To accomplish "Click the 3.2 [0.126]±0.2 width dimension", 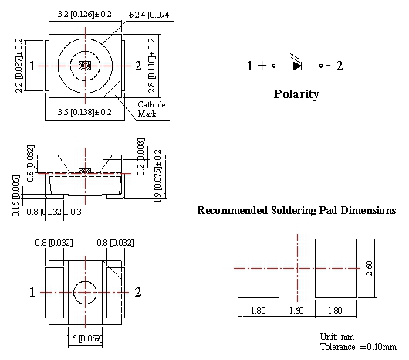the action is [x=85, y=14].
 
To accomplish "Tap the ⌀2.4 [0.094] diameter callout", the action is [x=150, y=15].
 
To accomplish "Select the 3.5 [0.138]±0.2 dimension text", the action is [x=85, y=112].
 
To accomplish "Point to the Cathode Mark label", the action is [x=151, y=109].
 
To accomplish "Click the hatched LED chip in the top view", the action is [x=85, y=66].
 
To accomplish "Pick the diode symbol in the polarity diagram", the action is [x=297, y=66].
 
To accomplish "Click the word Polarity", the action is [x=296, y=94].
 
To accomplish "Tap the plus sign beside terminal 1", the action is [x=262, y=65].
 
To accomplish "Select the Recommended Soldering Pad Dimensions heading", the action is [x=296, y=210].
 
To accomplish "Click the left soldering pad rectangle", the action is [x=259, y=268].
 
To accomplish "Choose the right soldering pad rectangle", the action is [x=336, y=268].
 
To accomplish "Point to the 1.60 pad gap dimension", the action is [x=296, y=311].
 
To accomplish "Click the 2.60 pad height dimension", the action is [x=370, y=268].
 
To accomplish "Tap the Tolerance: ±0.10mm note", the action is [x=358, y=347].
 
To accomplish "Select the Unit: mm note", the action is [x=337, y=337].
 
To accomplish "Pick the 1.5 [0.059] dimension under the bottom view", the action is [x=84, y=338].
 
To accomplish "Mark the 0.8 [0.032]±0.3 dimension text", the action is [x=54, y=212].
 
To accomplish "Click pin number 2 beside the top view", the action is [x=138, y=66].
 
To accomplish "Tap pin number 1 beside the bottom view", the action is [x=32, y=292].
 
